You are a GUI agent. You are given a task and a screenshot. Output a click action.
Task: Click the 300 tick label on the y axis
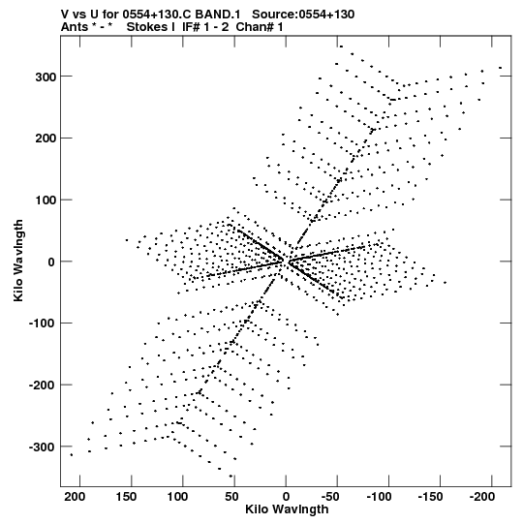46,77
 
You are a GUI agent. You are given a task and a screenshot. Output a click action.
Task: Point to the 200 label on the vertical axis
46,138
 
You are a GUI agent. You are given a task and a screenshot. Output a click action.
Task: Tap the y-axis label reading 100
46,200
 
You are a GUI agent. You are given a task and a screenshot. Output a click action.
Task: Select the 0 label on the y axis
51,262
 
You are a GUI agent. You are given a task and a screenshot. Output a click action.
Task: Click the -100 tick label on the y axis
42,324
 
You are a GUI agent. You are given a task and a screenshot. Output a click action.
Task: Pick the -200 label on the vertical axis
42,385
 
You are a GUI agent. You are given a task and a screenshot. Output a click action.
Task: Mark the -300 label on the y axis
42,447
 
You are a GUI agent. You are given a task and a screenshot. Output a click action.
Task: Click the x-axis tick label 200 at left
75,497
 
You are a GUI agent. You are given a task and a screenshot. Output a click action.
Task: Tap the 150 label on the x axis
126,497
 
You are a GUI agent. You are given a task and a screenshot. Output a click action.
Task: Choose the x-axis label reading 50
231,497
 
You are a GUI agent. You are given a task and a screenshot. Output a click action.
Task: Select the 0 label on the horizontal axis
286,497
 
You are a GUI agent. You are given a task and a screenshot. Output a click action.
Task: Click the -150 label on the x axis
430,497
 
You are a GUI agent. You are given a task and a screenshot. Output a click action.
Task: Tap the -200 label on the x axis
482,497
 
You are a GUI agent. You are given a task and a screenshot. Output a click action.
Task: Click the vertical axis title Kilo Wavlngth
18,261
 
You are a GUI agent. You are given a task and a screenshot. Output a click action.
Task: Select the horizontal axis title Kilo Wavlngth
287,509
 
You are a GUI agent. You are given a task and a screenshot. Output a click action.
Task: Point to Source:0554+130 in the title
303,15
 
